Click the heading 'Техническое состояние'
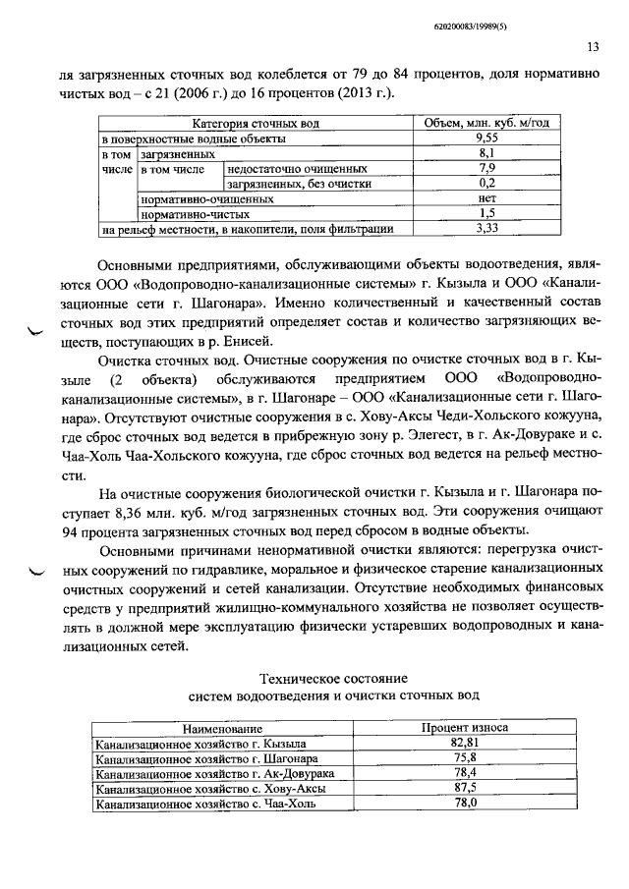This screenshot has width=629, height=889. (x=333, y=679)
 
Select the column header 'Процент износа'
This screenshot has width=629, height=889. (x=464, y=729)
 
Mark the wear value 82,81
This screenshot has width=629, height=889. (x=464, y=744)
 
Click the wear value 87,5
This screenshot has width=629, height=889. (x=464, y=788)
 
